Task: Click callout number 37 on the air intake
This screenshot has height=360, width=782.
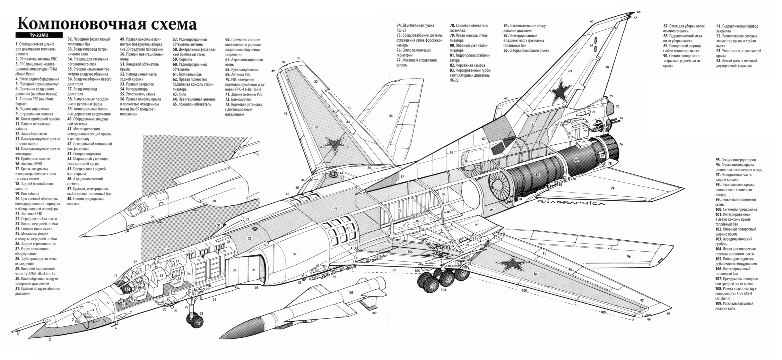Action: (294, 254)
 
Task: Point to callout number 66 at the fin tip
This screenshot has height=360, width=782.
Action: (639, 12)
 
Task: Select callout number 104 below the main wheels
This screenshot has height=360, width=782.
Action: (443, 290)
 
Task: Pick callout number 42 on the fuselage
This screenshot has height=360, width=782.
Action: (335, 208)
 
